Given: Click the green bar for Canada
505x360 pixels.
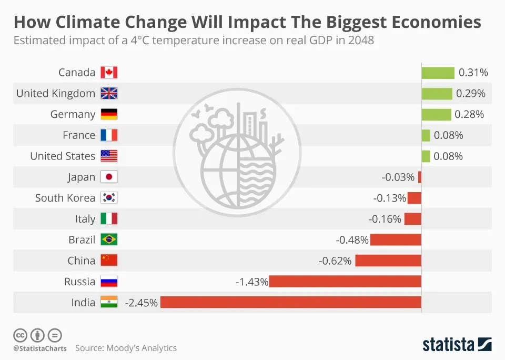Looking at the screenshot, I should click(x=438, y=73).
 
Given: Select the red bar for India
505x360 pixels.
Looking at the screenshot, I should click(x=291, y=302).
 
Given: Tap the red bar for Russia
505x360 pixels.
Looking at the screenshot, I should click(x=345, y=282).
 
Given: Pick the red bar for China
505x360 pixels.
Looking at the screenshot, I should click(x=388, y=261).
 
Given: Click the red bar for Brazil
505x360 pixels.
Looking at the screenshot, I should click(x=396, y=239).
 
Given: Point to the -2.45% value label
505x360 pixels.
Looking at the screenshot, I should click(x=141, y=303).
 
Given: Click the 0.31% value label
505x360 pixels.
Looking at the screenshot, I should click(x=473, y=73).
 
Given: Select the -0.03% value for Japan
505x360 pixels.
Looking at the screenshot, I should click(x=398, y=177).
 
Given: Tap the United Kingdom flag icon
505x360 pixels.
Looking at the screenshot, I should click(x=109, y=94).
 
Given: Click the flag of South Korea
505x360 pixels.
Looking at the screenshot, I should click(x=109, y=198).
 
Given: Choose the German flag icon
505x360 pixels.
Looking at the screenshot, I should click(x=109, y=114).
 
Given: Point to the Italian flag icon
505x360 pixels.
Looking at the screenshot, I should click(x=109, y=219).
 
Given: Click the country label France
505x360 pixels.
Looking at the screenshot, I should click(x=79, y=135).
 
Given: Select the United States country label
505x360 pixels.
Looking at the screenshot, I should click(x=63, y=156).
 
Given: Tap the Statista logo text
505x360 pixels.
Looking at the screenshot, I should click(x=449, y=345).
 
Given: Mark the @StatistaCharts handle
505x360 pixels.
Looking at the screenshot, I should click(x=39, y=348).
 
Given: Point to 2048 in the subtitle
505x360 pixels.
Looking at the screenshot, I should click(x=361, y=41).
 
